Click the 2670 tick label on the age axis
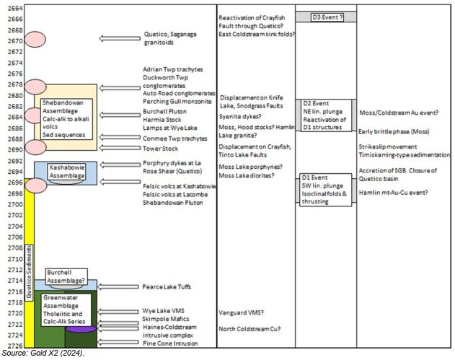(x=15, y=41)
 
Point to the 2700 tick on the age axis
(x=15, y=204)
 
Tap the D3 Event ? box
(x=327, y=17)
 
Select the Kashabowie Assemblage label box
(x=67, y=172)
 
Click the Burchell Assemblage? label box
(x=66, y=276)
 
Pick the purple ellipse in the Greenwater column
(x=80, y=329)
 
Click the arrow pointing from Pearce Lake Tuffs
(x=118, y=287)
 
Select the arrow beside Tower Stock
(x=120, y=148)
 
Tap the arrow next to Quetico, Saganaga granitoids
(x=120, y=38)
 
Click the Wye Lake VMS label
(x=163, y=311)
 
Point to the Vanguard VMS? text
(x=241, y=312)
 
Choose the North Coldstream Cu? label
(x=249, y=329)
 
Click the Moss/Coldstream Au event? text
(x=399, y=113)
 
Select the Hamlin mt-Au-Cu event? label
(x=393, y=193)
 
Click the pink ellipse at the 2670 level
(x=35, y=39)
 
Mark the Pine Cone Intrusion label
(x=170, y=343)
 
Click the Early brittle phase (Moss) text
(x=394, y=131)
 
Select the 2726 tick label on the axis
(x=15, y=346)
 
